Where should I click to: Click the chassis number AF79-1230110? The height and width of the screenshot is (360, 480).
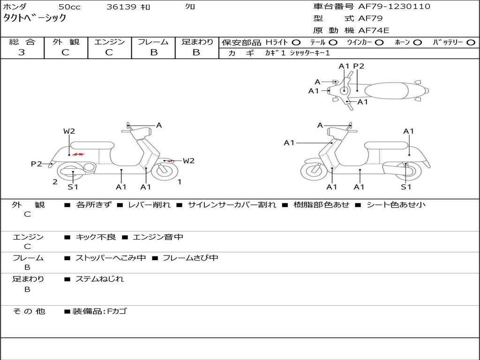point(394,7)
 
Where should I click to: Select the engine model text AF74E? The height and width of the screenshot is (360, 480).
point(374,30)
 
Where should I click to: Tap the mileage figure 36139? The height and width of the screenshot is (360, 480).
point(121,7)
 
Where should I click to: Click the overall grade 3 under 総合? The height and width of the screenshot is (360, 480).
point(22,52)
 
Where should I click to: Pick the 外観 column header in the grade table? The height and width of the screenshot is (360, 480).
point(66,42)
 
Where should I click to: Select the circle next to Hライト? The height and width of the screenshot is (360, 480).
point(296,43)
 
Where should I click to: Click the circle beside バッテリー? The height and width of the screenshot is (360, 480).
point(471,43)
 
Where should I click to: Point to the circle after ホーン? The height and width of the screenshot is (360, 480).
point(417,43)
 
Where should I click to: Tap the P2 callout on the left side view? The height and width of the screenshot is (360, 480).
point(37,164)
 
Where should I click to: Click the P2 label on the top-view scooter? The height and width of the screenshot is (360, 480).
point(359,66)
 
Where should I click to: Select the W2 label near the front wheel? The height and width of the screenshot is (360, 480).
point(188,161)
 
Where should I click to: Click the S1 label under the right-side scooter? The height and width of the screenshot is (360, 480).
point(406,187)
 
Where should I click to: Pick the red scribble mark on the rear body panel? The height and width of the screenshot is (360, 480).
point(79,154)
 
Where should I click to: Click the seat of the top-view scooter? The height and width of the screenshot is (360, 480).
point(386,91)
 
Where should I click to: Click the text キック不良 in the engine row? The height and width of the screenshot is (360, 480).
point(96,237)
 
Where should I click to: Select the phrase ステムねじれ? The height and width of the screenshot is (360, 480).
point(99,279)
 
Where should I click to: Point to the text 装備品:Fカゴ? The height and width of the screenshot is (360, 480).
point(99,312)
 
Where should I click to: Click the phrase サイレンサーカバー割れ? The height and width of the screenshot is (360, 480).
point(232,205)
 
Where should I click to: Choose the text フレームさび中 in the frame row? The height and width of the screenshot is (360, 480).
point(190,258)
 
